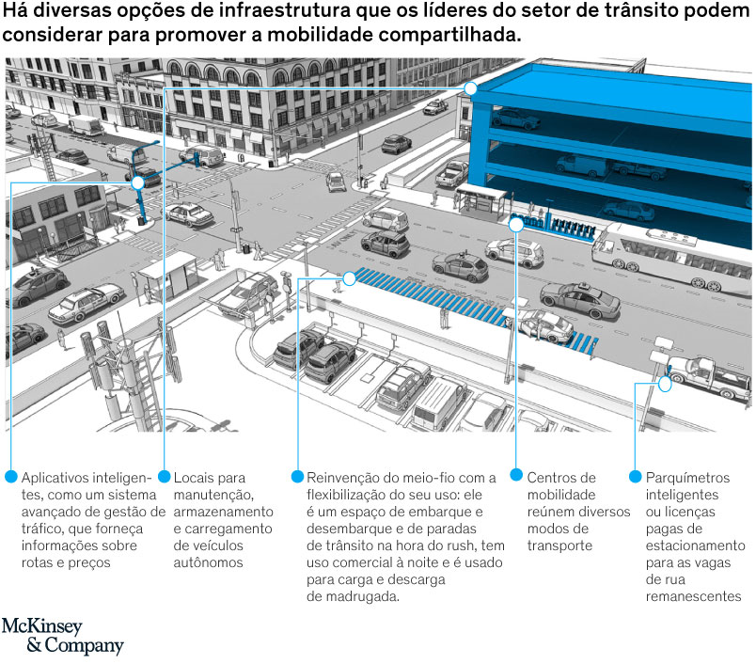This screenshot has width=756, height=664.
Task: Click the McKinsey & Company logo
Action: [x=62, y=636]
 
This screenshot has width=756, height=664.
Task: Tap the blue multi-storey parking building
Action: [x=602, y=141]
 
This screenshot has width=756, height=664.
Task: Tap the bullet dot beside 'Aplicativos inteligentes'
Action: [x=11, y=477]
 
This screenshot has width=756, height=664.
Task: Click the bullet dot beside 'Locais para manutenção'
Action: [x=165, y=477]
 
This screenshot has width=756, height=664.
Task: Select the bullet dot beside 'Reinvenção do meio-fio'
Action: [x=298, y=477]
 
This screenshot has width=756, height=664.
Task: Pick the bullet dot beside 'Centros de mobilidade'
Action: [x=516, y=477]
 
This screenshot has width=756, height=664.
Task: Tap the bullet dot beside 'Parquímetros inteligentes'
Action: [x=636, y=477]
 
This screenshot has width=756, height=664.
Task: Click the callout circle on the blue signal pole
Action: [x=138, y=182]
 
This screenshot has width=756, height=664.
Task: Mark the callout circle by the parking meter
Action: [x=665, y=384]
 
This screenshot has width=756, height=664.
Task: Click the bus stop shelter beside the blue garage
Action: [x=482, y=200]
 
